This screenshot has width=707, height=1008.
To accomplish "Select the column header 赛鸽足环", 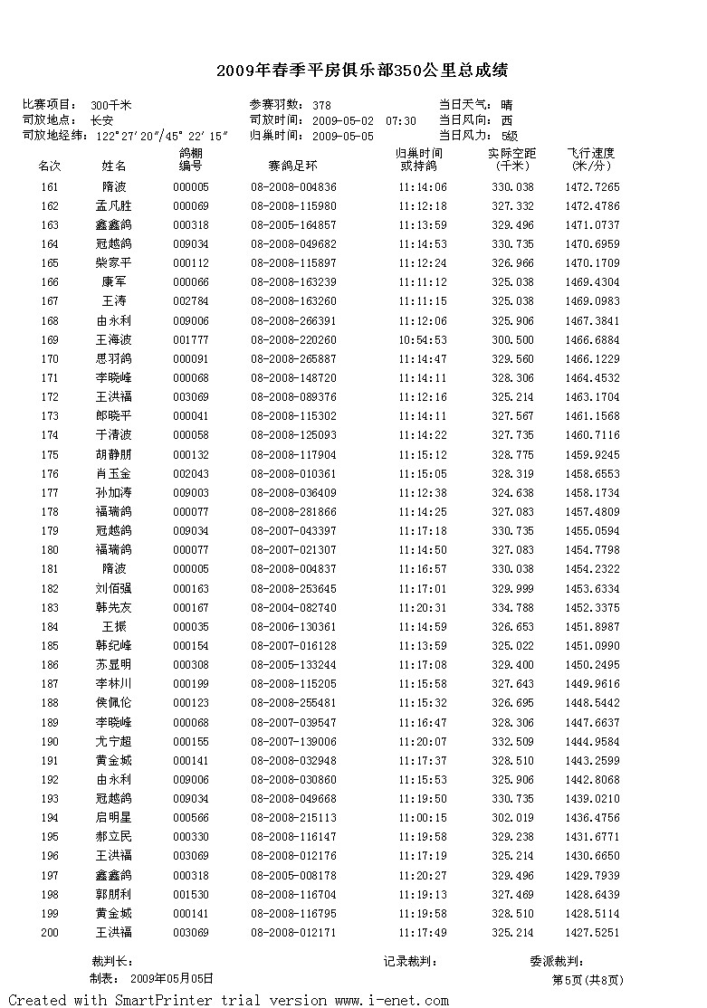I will click(292, 166).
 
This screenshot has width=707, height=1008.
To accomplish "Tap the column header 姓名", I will click(114, 166).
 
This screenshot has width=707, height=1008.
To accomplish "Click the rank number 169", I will click(50, 340).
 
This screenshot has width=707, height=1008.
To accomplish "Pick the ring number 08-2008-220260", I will click(293, 340).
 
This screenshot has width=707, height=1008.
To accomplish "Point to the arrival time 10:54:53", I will click(422, 340).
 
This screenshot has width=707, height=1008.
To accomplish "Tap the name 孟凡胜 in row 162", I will click(114, 206).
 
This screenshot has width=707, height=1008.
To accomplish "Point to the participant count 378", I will click(321, 106).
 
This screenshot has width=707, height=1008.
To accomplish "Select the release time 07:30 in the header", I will click(401, 121).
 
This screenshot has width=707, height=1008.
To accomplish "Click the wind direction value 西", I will click(507, 121).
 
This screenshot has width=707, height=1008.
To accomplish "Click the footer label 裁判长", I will click(112, 962).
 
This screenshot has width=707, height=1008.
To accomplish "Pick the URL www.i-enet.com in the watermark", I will click(391, 1000).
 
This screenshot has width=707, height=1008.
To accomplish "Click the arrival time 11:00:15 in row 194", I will click(422, 817).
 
